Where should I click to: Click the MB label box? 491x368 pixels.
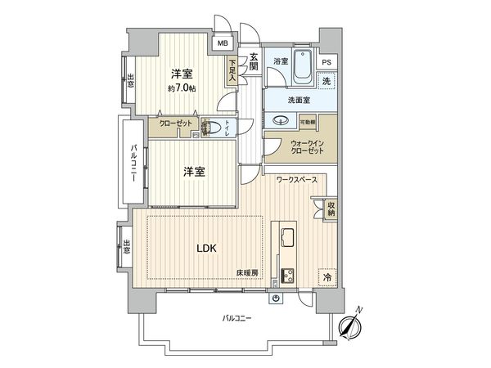click(223, 45)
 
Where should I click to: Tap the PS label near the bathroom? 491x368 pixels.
click(327, 62)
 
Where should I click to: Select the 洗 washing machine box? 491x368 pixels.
click(327, 83)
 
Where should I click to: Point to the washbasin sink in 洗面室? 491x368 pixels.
click(282, 119)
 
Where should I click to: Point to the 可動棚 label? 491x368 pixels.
click(309, 122)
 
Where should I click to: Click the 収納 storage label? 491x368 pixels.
click(331, 209)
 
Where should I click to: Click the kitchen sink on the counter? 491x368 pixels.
click(288, 238)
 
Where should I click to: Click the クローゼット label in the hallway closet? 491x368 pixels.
click(173, 123)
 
